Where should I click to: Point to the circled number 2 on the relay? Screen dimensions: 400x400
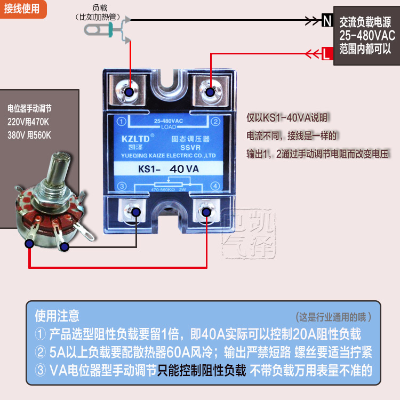[x=215, y=122]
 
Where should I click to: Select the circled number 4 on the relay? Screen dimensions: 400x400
[x=215, y=186]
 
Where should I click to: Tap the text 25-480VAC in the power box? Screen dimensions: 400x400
[x=367, y=36]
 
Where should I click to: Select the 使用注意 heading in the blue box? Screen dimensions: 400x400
[x=57, y=316]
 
